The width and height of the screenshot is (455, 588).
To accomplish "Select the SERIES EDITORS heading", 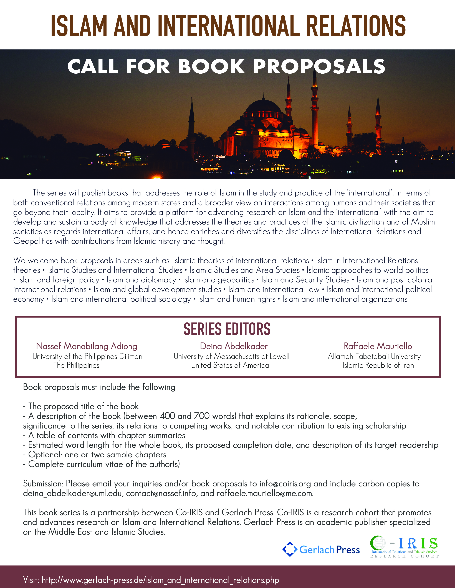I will click(x=227, y=329).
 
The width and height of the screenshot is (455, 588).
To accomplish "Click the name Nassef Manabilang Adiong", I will click(x=87, y=346).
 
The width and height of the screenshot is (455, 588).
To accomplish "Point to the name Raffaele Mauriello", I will click(x=378, y=346).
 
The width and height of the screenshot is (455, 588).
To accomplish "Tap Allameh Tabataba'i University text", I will click(x=374, y=357).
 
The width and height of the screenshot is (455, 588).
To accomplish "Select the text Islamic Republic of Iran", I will click(x=378, y=365).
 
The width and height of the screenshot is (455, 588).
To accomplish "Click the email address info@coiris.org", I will click(x=285, y=484).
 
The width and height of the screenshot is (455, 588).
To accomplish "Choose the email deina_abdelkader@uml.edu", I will click(x=72, y=494).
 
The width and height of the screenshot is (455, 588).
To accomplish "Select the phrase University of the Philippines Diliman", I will click(x=87, y=357).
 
